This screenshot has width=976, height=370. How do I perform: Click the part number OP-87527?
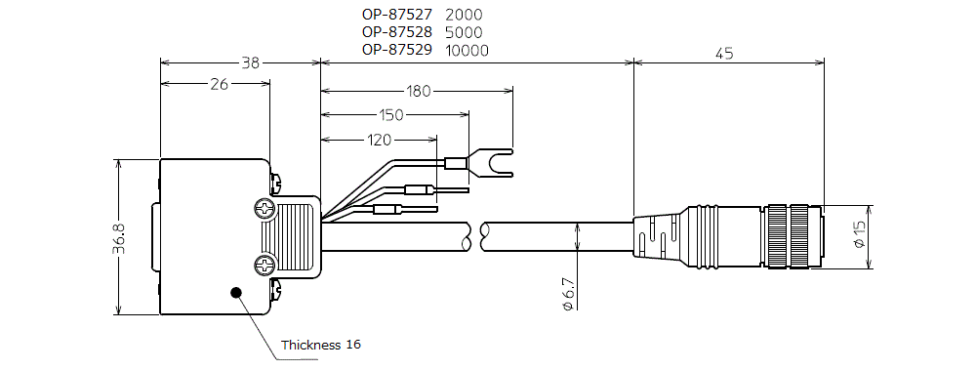click(396, 14)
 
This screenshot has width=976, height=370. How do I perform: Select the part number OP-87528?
click(396, 32)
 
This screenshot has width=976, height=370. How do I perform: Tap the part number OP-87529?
click(396, 50)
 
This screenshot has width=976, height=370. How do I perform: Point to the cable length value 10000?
click(467, 51)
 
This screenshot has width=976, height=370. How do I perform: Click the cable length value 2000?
click(464, 14)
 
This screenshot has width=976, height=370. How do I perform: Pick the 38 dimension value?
click(250, 62)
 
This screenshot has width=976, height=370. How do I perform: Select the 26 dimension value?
click(219, 84)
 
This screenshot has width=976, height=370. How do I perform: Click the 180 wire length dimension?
click(418, 92)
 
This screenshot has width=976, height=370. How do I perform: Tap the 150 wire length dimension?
click(391, 114)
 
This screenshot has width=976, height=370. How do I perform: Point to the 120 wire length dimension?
click(379, 141)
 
